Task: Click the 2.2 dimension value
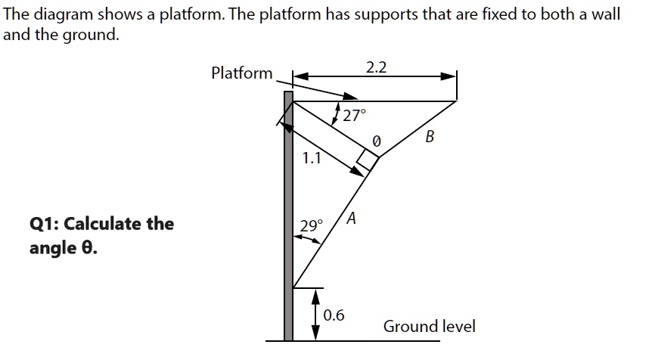click(376, 67)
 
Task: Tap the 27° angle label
click(353, 116)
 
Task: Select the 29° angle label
click(311, 225)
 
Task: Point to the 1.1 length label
click(311, 158)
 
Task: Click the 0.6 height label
click(334, 315)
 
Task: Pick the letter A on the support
click(353, 219)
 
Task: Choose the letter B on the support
click(430, 137)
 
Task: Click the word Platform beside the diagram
click(242, 73)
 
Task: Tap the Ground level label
click(429, 327)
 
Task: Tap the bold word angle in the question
click(52, 248)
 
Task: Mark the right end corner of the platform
click(456, 101)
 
